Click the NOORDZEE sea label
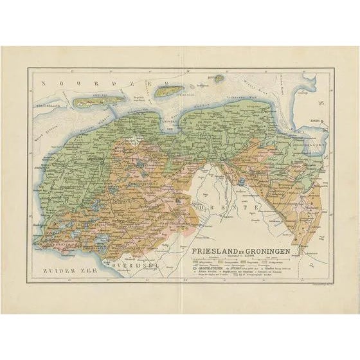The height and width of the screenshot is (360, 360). pyautogui.click(x=67, y=83)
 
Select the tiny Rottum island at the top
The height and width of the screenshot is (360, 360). pyautogui.click(x=219, y=78)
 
